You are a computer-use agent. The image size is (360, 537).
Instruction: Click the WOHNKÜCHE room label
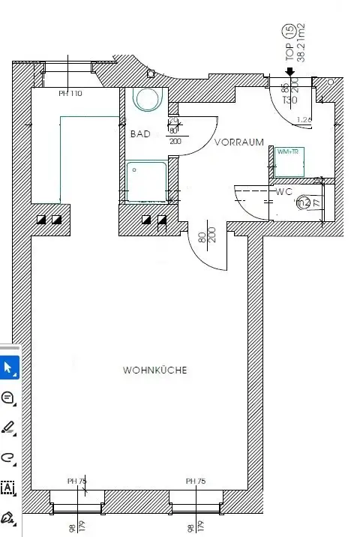[x=154, y=370]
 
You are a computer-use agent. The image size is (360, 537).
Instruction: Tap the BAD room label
[x=140, y=134]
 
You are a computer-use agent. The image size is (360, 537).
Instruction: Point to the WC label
[x=283, y=191]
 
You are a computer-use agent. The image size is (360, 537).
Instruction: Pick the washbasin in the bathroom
[x=147, y=99]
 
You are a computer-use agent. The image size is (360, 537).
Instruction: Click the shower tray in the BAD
[x=146, y=180]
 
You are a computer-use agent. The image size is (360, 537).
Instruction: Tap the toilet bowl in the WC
[x=303, y=202]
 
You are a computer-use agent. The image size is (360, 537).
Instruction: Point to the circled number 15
[x=288, y=31]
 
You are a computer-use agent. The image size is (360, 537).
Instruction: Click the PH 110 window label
[x=70, y=94]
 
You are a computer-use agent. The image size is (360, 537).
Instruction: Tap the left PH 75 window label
[x=77, y=481]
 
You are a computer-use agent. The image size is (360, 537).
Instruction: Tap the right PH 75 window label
[x=196, y=481]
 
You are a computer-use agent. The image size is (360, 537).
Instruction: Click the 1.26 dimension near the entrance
[x=304, y=119]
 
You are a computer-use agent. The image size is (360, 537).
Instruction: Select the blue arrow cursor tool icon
[x=8, y=367]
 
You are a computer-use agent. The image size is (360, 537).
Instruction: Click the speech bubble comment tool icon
[x=8, y=397]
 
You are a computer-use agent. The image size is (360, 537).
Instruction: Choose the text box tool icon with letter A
[x=8, y=487]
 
